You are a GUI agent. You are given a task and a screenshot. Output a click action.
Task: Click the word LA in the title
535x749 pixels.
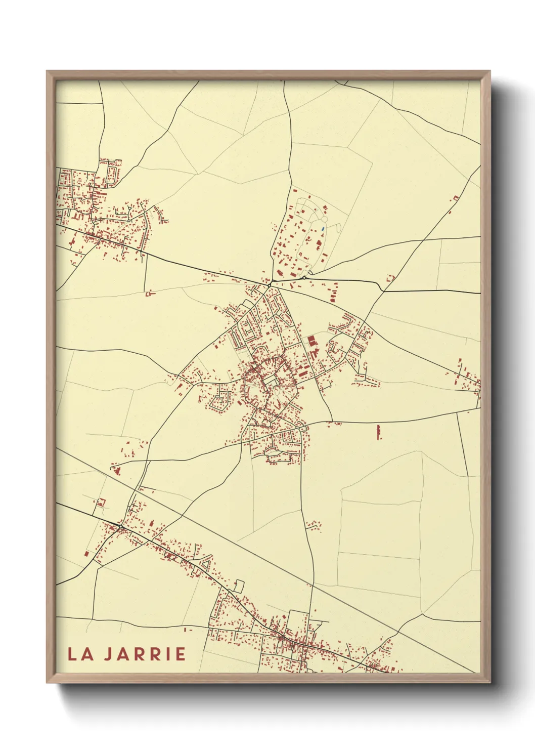(80, 654)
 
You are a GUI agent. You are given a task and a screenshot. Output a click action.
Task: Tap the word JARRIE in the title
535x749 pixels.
(145, 654)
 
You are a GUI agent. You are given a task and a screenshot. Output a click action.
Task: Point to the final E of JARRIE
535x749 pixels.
(181, 654)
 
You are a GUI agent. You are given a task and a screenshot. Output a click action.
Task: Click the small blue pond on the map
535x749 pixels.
(322, 229)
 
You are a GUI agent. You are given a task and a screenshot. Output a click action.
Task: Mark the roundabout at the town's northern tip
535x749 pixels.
(270, 283)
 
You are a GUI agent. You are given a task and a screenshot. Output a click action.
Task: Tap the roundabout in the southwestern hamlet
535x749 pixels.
(121, 528)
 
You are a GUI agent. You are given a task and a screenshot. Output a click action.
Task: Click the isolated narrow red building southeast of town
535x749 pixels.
(379, 432)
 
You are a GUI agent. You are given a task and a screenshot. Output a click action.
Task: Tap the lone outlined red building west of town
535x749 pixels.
(149, 293)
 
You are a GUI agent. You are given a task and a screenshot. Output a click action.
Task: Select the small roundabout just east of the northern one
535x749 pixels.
(303, 277)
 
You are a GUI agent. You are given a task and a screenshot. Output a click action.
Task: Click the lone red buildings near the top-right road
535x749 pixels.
(454, 198)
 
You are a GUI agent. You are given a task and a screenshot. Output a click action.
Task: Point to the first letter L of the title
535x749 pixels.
(72, 654)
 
